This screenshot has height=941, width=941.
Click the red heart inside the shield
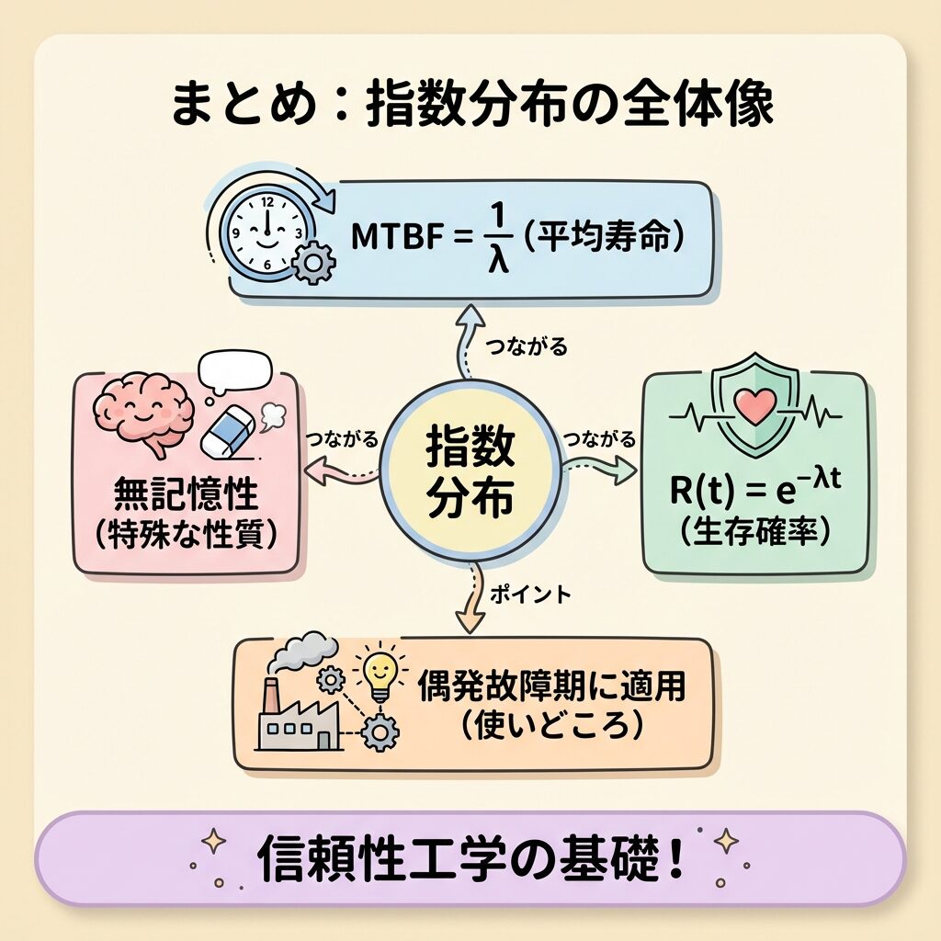click(755, 405)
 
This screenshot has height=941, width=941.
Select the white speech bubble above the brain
click(236, 369)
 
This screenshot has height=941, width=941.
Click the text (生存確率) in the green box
click(755, 532)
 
